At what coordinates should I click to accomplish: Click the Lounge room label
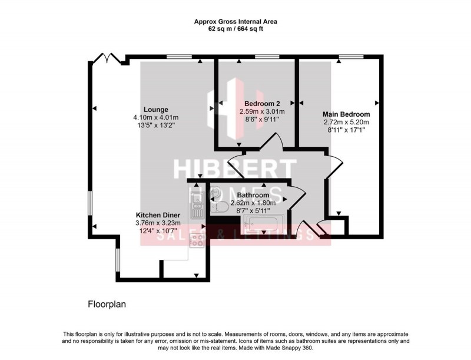155,109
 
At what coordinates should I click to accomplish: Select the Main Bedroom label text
346,114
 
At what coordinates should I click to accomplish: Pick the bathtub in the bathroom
263,222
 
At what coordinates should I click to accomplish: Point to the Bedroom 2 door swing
273,142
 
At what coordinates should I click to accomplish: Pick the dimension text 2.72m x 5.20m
346,123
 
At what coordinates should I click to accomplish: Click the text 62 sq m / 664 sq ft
235,29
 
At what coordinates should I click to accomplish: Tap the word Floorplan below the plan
107,305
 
